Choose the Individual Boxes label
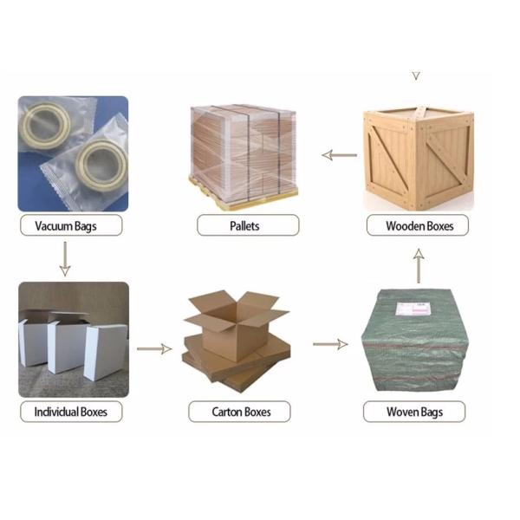(71, 412)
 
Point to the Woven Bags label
(414, 412)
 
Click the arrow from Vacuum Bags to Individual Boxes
(65, 258)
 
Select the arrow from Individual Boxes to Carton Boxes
(154, 349)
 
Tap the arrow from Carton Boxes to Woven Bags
(330, 344)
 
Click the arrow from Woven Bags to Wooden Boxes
(419, 266)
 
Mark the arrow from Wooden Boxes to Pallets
(339, 155)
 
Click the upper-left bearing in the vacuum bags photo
(45, 126)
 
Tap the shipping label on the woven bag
(413, 309)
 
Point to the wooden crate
(419, 159)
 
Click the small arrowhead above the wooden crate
(416, 76)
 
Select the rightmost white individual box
(106, 352)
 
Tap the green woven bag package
(414, 340)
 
